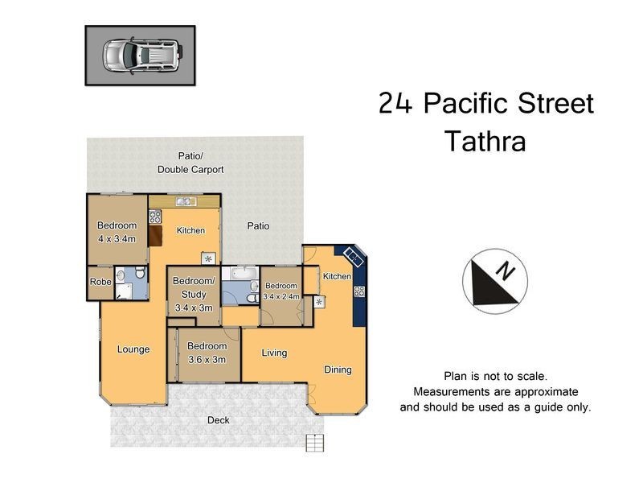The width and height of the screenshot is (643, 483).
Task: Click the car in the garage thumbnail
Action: point(141,55)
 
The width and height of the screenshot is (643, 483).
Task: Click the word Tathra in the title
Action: point(485,142)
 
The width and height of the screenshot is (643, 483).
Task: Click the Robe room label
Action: point(100,282)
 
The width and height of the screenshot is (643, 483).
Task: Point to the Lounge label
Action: point(133,349)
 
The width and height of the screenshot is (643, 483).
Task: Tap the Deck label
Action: point(219,419)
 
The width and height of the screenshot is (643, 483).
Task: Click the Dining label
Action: point(338,369)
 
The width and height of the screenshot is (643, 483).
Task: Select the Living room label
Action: point(274,353)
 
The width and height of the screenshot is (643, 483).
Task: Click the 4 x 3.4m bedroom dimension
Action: point(117,239)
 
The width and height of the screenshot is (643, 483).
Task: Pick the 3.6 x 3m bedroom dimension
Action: point(207,360)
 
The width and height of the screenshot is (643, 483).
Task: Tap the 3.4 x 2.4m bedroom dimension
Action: point(281,296)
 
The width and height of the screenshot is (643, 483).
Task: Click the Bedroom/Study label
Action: point(194,287)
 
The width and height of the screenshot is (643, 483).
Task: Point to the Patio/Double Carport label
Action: point(190,163)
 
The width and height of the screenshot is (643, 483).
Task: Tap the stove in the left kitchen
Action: point(155,216)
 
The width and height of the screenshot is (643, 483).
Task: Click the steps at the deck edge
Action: point(315,441)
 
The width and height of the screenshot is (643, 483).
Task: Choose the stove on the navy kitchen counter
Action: point(359,291)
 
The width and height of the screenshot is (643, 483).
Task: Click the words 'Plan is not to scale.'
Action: point(495,376)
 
